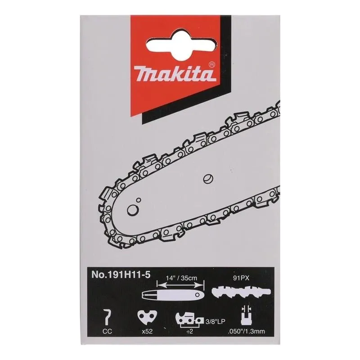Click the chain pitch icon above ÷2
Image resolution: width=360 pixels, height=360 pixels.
[x=185, y=320]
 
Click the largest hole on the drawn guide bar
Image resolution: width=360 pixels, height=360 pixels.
[x=132, y=210]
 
